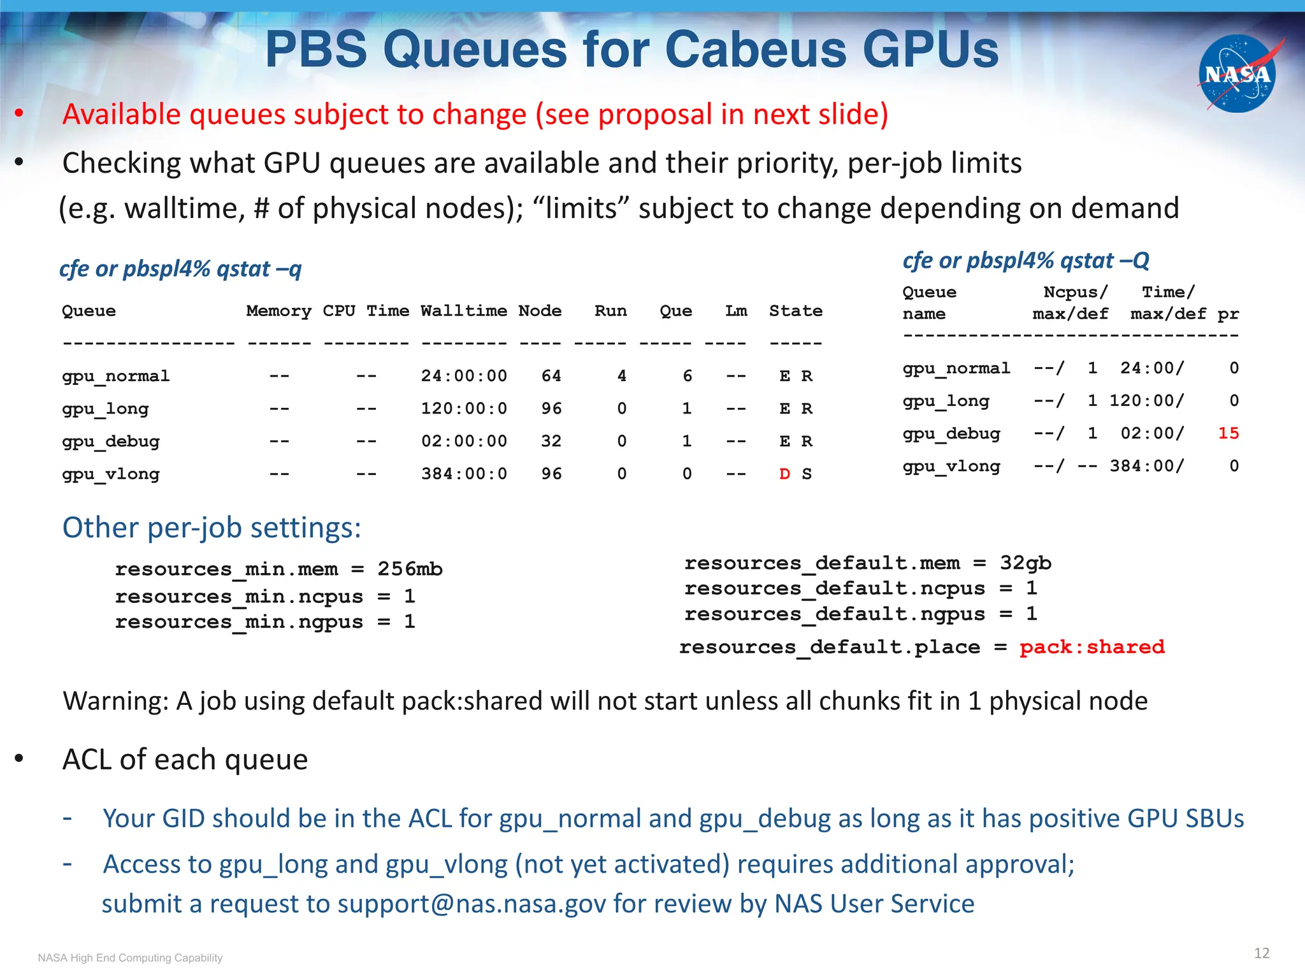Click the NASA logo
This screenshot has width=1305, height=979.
pos(1237,74)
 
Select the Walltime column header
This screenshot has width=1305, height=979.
pos(464,311)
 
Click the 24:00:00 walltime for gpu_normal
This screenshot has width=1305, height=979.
pos(464,376)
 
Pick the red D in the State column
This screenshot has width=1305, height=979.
pos(784,474)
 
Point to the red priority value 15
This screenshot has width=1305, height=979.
pos(1228,433)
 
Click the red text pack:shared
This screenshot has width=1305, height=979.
pos(1092,647)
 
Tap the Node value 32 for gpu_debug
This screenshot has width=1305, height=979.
pos(551,441)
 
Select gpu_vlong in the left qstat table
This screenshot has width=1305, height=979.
pos(111,474)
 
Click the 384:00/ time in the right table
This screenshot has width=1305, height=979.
pos(1146,466)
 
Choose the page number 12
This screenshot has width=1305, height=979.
pos(1261,953)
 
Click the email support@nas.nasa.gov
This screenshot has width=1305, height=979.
pos(472,904)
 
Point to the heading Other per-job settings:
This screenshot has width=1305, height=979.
pos(212,528)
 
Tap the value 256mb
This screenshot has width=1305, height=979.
pos(410,569)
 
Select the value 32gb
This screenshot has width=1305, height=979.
pos(1025,563)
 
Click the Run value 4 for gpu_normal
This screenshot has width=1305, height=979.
pos(622,376)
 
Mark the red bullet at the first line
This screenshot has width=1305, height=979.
pos(20,114)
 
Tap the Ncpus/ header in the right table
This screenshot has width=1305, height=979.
pos(1076,292)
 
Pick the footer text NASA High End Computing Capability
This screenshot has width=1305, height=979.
pos(130,958)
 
